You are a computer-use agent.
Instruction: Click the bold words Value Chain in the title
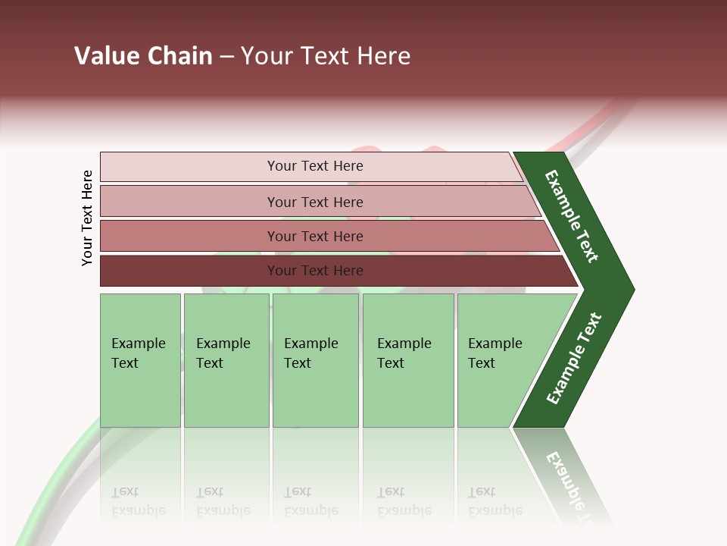point(143,56)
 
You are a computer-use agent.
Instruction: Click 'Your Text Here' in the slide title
point(326,56)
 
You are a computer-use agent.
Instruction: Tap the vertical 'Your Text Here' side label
point(87,218)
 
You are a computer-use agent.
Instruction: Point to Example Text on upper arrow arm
point(572,216)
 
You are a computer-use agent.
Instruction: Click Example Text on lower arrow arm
point(573,359)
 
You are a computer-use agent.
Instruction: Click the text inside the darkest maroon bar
point(315,271)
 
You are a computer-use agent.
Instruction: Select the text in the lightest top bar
point(315,166)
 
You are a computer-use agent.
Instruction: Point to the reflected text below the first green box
point(138,501)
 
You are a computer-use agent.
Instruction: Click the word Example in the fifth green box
point(495,344)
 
